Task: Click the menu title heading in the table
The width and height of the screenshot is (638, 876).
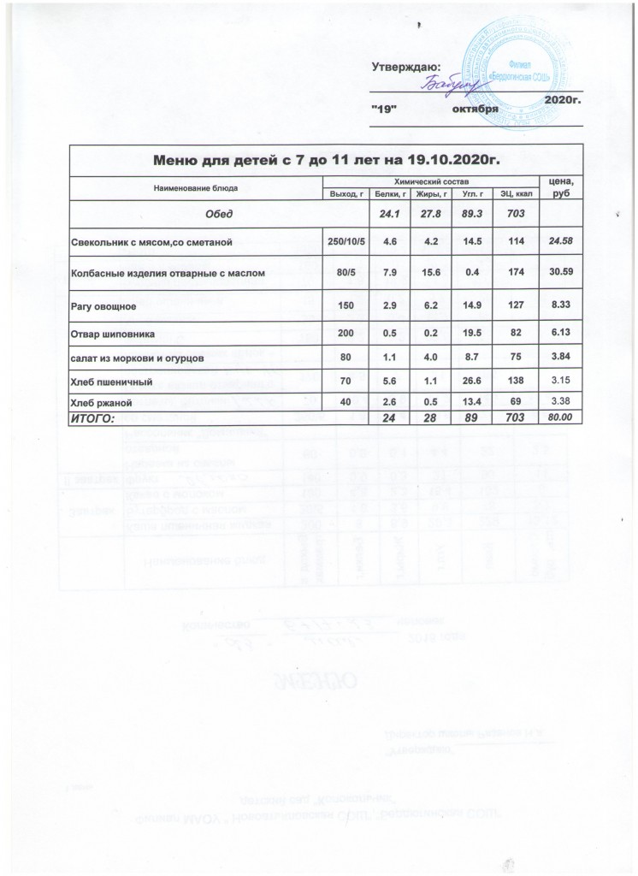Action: [x=324, y=159]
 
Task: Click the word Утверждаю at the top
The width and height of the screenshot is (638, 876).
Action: [x=406, y=66]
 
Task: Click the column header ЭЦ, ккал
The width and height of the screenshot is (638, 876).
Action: [x=516, y=194]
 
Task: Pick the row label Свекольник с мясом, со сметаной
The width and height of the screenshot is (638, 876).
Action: [x=151, y=244]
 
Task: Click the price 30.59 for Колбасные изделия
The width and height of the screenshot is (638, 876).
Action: [x=561, y=272]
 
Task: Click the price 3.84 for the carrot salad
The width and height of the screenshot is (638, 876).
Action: [x=561, y=359]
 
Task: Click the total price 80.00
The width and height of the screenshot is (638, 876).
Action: [x=561, y=417]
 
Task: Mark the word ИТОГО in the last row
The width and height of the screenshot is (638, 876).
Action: [x=97, y=417]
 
